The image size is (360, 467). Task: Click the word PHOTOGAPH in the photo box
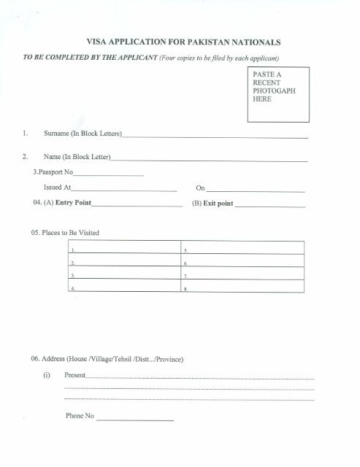[x=273, y=93]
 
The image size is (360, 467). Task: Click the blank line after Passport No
[x=109, y=174]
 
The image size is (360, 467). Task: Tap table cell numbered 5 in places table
[x=240, y=250]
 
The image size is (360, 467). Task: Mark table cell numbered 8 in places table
[x=240, y=290]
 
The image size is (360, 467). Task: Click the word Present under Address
[x=75, y=375]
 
